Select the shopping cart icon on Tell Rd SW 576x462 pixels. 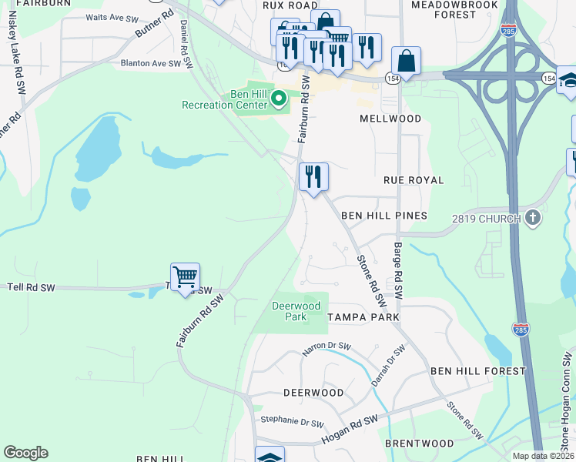pos(185,276)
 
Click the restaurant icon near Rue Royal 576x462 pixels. pos(313,177)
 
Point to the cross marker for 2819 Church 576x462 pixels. pos(532,218)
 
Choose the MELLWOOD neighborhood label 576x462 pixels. pos(390,119)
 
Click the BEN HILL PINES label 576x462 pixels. pos(383,216)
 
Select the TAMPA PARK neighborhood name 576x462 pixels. pos(363,317)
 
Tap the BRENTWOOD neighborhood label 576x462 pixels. pos(419,444)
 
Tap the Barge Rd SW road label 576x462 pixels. pos(398,270)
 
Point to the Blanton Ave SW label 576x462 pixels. pos(155,64)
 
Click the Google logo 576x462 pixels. pos(25,453)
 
